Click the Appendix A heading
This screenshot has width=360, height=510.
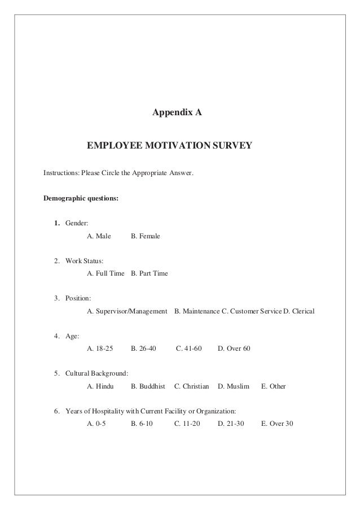click(177, 113)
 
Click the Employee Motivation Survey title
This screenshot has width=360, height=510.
click(169, 147)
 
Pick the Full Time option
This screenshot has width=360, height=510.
click(106, 273)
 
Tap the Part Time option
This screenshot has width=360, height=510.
click(149, 273)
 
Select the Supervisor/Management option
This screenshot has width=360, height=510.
click(127, 311)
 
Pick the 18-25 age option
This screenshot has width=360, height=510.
click(99, 349)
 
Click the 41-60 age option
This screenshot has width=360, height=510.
click(189, 349)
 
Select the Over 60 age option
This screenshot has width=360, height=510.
click(234, 349)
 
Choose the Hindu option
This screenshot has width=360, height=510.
click(100, 387)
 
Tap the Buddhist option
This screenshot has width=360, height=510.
click(148, 387)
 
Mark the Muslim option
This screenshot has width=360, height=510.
click(233, 387)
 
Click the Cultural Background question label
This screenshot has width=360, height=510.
click(96, 374)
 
